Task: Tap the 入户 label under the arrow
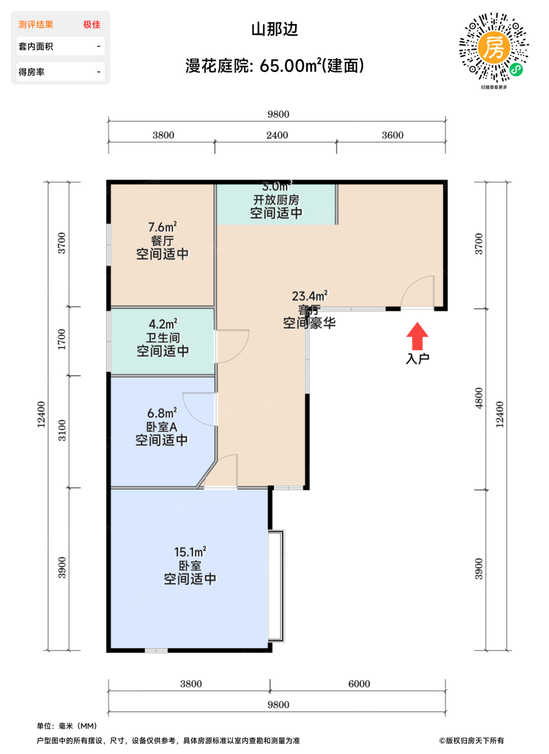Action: click(417, 359)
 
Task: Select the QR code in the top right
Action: click(493, 48)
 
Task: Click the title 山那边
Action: click(274, 29)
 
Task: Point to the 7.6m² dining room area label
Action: click(162, 227)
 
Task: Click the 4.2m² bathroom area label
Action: click(163, 324)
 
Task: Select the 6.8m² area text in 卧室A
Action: click(162, 414)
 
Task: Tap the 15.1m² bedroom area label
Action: click(190, 552)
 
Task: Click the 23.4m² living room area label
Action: click(309, 296)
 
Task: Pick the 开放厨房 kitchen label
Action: click(276, 200)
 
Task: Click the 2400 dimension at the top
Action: click(277, 135)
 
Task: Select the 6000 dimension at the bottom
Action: click(359, 684)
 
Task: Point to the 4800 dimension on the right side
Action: click(479, 398)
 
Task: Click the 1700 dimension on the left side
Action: click(62, 339)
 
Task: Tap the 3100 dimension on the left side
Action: click(62, 430)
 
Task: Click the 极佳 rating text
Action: click(92, 25)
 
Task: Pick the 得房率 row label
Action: click(32, 72)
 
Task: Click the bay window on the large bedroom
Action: click(276, 585)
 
